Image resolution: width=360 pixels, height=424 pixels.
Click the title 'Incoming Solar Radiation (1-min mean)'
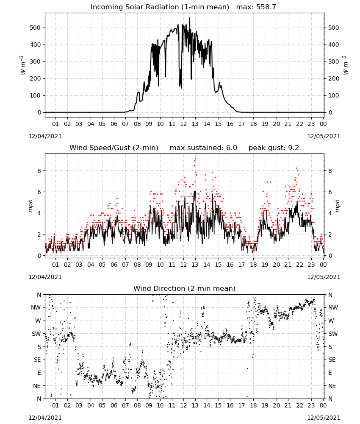click(x=160, y=7)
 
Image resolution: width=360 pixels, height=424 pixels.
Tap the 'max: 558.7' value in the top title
click(x=256, y=7)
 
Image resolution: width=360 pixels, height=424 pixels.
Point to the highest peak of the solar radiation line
click(x=190, y=17)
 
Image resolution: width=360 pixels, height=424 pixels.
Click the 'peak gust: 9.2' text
click(x=274, y=148)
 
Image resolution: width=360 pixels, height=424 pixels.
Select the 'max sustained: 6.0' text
click(x=203, y=148)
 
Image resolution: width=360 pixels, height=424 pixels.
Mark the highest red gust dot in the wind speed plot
click(x=195, y=159)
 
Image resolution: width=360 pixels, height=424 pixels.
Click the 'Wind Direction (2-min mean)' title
click(x=185, y=288)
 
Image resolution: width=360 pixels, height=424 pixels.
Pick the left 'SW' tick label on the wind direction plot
click(x=36, y=334)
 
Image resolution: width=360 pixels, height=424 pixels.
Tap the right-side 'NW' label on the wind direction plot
click(x=333, y=308)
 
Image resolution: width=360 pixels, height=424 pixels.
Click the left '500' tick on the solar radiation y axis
click(x=35, y=28)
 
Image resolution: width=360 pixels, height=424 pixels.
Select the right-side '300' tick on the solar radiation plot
click(x=334, y=61)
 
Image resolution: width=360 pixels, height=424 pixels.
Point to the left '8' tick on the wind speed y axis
click(x=39, y=171)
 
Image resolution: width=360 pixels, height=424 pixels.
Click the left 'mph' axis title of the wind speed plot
click(x=30, y=206)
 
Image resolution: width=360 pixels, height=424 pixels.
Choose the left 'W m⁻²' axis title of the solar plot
click(x=23, y=65)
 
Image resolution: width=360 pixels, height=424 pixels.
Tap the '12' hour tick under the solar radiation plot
click(x=183, y=124)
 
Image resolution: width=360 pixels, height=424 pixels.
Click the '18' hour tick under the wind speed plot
click(x=253, y=265)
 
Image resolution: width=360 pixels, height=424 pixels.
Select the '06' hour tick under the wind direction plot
click(x=114, y=405)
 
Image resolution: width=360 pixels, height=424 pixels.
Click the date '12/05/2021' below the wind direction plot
click(x=324, y=418)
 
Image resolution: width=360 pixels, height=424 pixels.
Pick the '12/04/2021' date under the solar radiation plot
click(x=45, y=136)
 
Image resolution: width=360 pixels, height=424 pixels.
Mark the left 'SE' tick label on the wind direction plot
click(x=37, y=360)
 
